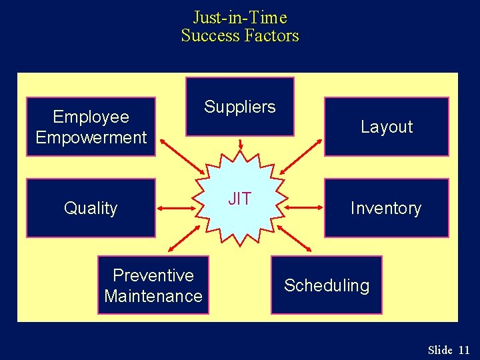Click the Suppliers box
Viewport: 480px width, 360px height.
(239, 107)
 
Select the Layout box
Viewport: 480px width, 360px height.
(386, 127)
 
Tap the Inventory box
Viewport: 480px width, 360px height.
(386, 208)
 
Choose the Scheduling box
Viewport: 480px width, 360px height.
(326, 285)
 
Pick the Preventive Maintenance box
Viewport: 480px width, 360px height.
(153, 285)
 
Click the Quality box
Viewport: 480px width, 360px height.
(91, 208)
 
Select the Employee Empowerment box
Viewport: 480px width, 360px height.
(91, 127)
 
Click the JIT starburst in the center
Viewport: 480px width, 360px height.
(240, 199)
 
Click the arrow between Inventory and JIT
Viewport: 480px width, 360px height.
(304, 209)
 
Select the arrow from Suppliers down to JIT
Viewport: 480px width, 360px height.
(241, 145)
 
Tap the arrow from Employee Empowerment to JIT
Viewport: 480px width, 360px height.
(179, 157)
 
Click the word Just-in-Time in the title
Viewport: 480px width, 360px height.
(239, 17)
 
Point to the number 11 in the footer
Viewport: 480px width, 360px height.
(464, 350)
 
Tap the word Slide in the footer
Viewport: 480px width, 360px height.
(440, 350)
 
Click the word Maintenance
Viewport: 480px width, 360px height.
(153, 295)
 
